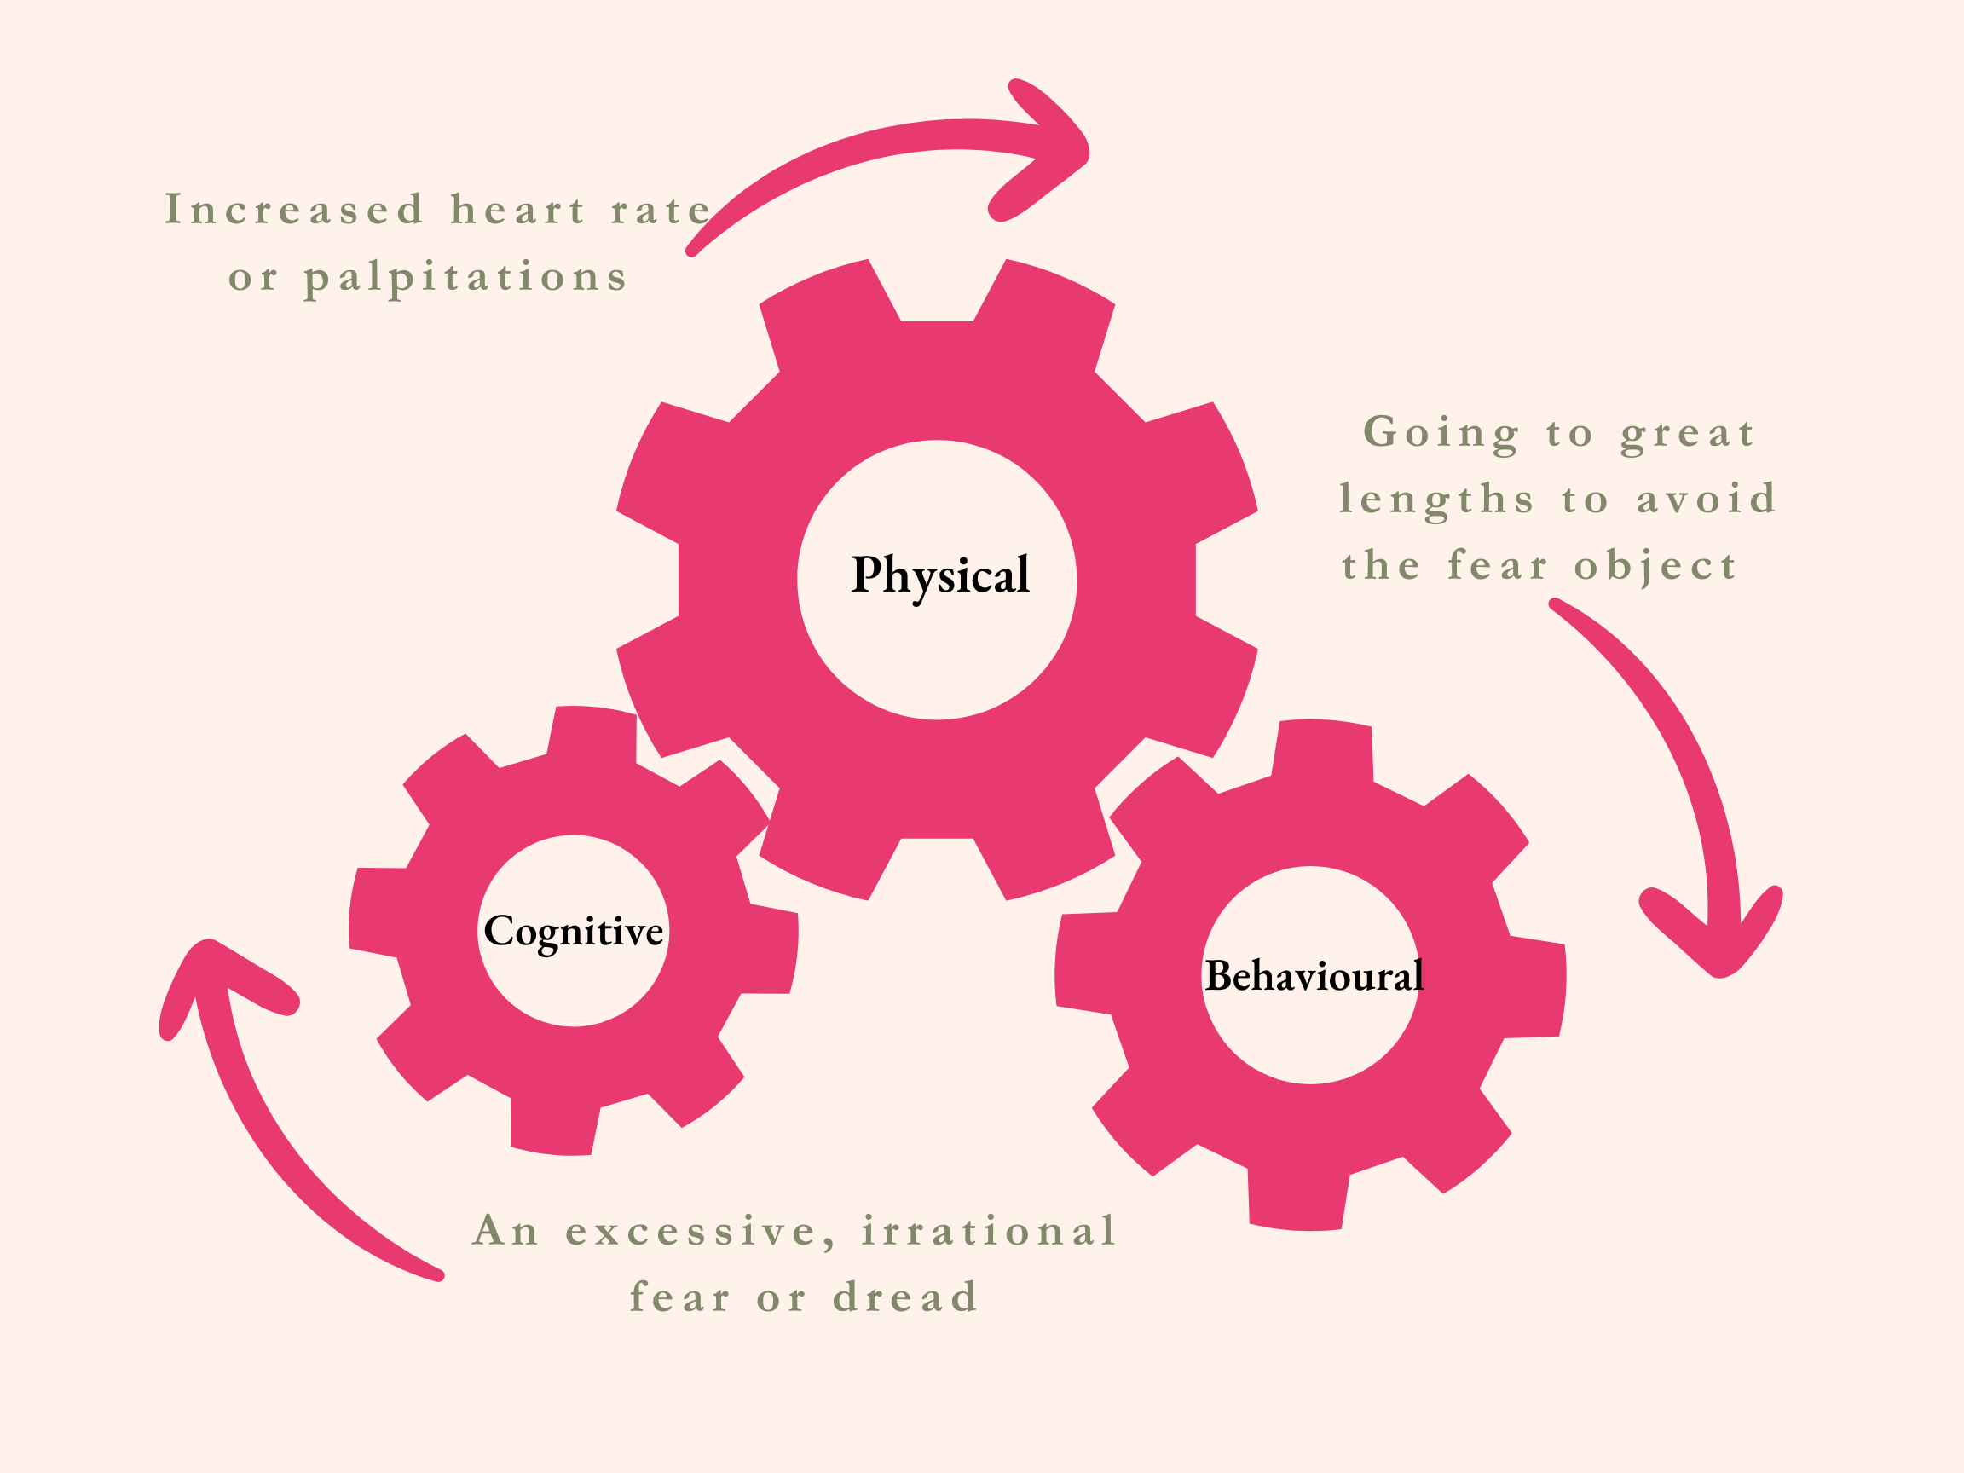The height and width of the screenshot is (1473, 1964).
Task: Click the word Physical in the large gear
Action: [x=940, y=575]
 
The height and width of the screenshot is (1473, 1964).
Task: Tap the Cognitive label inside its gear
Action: [x=574, y=932]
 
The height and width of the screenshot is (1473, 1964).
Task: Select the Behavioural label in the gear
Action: [x=1314, y=976]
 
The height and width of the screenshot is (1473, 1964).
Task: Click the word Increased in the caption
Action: [x=294, y=211]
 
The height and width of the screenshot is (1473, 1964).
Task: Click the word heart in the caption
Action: [x=517, y=211]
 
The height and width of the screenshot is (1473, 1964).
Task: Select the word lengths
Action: [x=1436, y=500]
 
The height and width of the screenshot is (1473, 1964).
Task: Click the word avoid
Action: [x=1706, y=499]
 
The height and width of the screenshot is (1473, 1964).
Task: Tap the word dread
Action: [x=904, y=1298]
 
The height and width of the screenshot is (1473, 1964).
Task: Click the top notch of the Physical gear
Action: [x=937, y=293]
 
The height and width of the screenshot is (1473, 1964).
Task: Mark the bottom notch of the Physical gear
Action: [x=937, y=866]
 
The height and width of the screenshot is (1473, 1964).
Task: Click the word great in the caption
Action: [x=1687, y=433]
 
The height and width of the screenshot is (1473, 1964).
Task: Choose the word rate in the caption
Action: [x=661, y=211]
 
